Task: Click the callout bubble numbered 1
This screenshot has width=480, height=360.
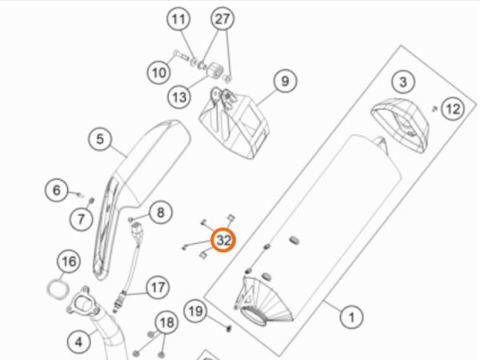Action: click(x=350, y=317)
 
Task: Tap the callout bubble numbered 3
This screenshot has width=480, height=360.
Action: click(x=403, y=82)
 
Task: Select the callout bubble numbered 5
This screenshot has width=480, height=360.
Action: click(x=100, y=139)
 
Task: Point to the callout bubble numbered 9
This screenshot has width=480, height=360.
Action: click(x=283, y=80)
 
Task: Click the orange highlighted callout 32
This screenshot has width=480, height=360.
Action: click(x=223, y=239)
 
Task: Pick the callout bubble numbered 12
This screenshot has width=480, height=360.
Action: click(x=452, y=109)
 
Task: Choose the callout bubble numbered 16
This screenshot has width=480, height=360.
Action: click(x=69, y=262)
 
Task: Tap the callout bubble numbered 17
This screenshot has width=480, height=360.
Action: click(x=158, y=286)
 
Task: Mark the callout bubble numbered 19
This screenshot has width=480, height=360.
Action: click(x=194, y=309)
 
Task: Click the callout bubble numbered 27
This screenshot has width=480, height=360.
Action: click(x=223, y=19)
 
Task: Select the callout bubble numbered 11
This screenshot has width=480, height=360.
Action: click(x=178, y=19)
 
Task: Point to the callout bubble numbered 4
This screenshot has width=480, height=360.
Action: click(x=78, y=342)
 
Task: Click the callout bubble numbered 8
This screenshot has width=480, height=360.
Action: click(x=160, y=212)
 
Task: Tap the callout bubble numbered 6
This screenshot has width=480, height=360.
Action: click(x=56, y=190)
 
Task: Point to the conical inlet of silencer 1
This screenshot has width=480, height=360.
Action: click(x=262, y=302)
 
